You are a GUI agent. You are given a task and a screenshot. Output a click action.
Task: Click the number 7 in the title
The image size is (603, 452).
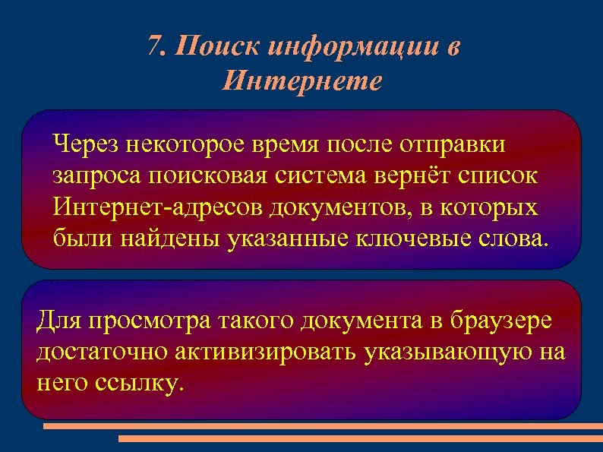[154, 47]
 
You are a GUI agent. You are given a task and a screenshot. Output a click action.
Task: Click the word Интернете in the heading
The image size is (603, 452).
[301, 80]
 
